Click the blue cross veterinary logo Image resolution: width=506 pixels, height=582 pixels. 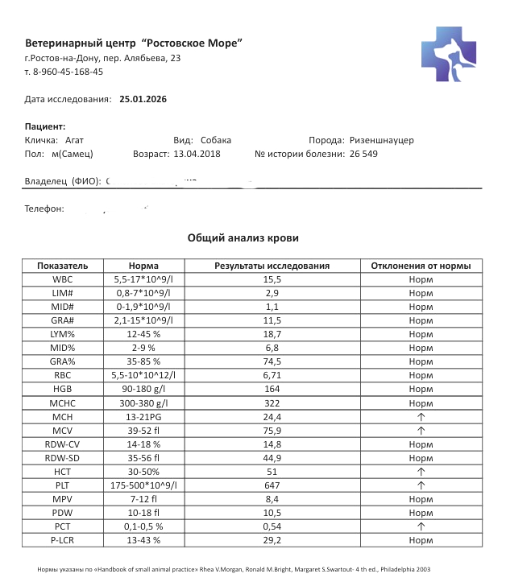453,53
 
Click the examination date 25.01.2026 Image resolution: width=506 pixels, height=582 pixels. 143,99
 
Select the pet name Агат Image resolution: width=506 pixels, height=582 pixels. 74,140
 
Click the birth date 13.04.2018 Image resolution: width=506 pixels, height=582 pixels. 197,153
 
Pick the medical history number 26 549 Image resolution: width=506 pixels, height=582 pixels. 363,153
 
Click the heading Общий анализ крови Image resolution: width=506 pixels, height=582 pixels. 243,238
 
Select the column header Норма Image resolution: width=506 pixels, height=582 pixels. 143,266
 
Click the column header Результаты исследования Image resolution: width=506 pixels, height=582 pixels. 272,266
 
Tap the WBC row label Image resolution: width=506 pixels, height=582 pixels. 63,279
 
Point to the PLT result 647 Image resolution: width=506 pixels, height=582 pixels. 272,485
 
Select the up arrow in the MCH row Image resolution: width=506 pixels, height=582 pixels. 421,417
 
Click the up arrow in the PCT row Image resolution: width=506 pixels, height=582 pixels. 421,526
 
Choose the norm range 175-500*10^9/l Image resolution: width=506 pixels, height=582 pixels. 143,485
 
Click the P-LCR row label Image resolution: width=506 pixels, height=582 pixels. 63,540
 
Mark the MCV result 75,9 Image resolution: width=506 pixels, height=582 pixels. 272,431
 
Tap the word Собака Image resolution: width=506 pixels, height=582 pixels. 216,140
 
